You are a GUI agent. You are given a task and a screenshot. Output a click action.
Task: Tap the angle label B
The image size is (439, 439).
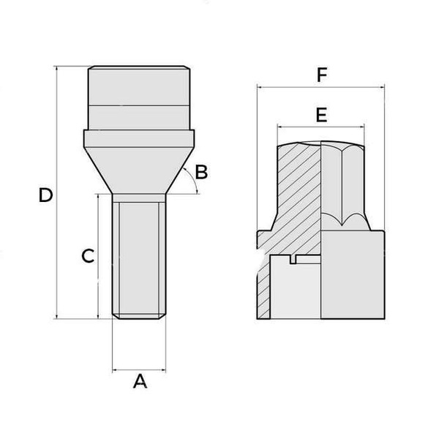click(x=202, y=173)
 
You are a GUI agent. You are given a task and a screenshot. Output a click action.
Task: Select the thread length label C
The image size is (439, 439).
click(x=87, y=256)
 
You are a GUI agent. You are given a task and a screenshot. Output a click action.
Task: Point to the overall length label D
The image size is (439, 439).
click(x=45, y=195)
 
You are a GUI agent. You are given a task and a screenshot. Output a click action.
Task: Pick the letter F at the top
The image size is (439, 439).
click(x=320, y=75)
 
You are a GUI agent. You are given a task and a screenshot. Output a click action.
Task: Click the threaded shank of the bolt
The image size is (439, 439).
click(x=139, y=256)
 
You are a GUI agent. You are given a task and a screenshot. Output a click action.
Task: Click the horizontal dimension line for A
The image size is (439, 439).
click(x=139, y=370)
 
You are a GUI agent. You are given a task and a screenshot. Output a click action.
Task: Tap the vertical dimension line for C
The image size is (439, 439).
click(x=98, y=293)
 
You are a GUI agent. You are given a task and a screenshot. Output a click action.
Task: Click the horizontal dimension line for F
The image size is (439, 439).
click(x=320, y=87)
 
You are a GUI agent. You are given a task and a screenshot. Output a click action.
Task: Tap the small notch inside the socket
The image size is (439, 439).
click(x=296, y=259)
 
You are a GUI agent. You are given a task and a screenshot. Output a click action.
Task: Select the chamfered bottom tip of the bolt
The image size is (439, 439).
click(x=139, y=315)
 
